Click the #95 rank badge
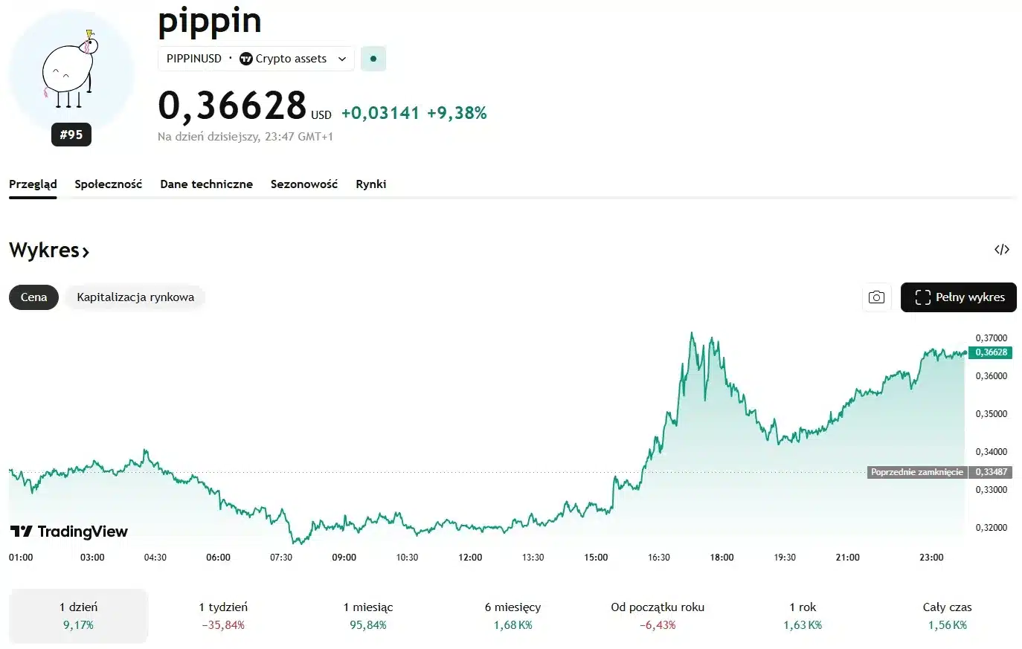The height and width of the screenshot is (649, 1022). (x=71, y=135)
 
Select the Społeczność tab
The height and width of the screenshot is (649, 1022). (x=108, y=184)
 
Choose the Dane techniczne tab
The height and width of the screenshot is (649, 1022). (x=206, y=184)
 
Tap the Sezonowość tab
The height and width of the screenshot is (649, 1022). (x=303, y=184)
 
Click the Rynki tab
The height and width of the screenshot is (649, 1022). (x=370, y=184)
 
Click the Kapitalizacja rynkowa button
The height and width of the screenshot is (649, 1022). (x=135, y=297)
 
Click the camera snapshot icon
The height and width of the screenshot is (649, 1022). (x=876, y=297)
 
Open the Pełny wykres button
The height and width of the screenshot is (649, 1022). (x=958, y=297)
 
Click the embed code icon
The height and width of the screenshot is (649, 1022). (x=1001, y=250)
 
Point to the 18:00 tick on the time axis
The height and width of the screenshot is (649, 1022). (x=721, y=558)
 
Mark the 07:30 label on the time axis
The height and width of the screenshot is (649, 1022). (x=281, y=558)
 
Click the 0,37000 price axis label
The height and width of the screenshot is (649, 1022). (x=991, y=338)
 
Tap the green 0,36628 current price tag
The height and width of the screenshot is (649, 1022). (x=990, y=352)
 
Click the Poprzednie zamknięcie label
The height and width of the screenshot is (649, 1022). (x=916, y=472)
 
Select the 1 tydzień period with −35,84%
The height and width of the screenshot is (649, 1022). (x=223, y=616)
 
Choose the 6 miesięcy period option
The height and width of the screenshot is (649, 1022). (x=512, y=616)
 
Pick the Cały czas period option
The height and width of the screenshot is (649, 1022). (x=947, y=616)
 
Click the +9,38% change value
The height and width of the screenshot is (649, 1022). (x=457, y=113)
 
